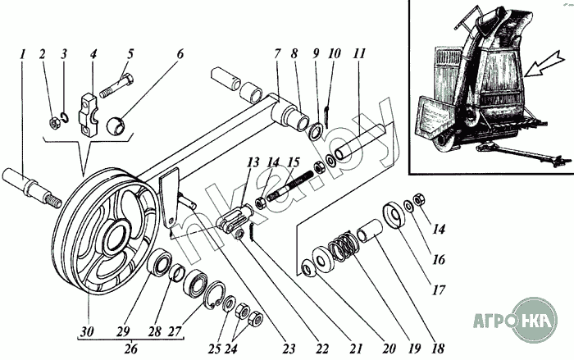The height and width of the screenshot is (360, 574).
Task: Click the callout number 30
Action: [87, 331]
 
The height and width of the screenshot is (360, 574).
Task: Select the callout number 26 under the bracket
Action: [130, 349]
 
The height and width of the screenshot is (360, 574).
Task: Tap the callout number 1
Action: [23, 54]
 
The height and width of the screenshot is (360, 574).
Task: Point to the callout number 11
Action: [360, 53]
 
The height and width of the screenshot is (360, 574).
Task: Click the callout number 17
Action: [438, 289]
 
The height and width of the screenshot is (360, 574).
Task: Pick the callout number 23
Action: [289, 349]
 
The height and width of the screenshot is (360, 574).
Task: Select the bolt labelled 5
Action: [116, 86]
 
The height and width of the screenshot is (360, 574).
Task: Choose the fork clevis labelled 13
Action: [233, 219]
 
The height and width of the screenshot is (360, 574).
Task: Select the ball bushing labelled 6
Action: [116, 125]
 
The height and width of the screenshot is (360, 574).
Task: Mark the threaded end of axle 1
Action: [52, 200]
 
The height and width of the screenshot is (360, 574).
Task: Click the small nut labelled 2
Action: [54, 123]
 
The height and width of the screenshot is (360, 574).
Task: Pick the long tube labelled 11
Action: [362, 141]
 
